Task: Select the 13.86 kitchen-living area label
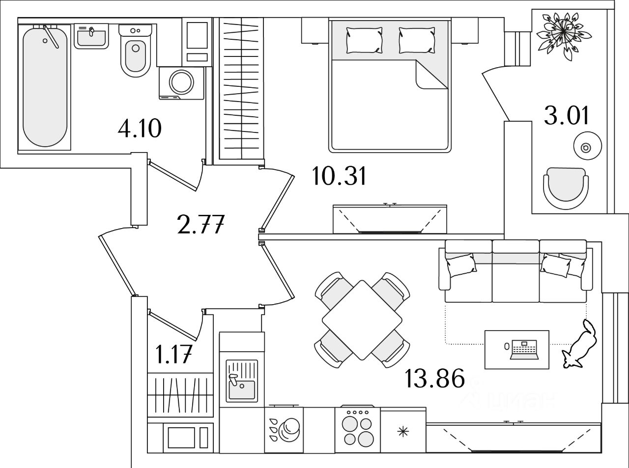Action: point(434,379)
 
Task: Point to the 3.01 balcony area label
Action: point(567,116)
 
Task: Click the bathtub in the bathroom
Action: point(44,86)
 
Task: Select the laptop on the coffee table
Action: point(523,348)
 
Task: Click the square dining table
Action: point(362,320)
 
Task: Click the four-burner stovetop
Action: point(357,427)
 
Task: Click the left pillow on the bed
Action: point(364,40)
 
